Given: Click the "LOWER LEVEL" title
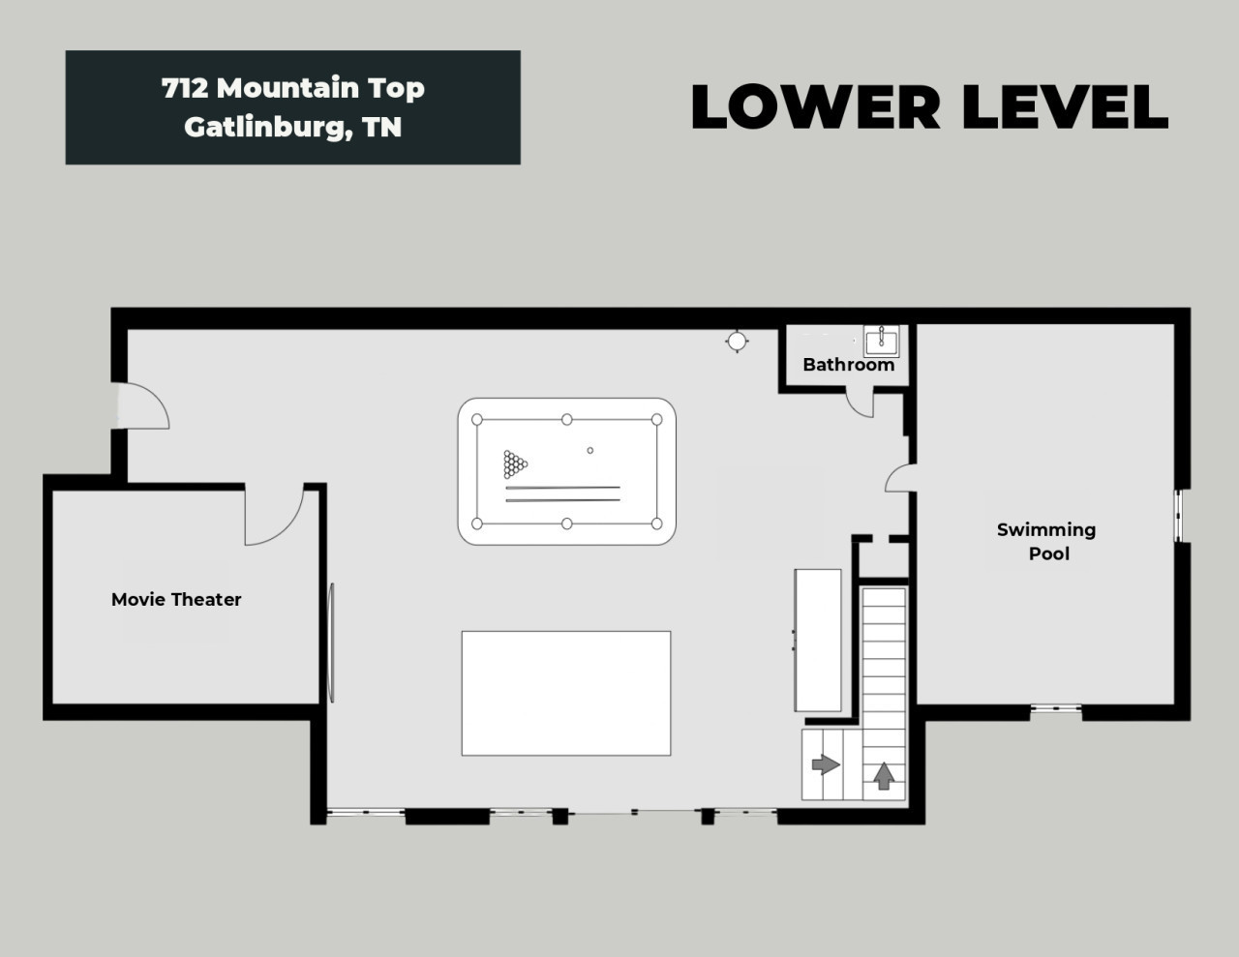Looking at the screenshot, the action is pyautogui.click(x=929, y=106).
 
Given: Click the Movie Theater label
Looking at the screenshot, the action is pyautogui.click(x=176, y=600).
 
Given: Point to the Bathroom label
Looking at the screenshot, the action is pyautogui.click(x=849, y=365).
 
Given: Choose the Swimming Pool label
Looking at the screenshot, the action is pyautogui.click(x=1046, y=542).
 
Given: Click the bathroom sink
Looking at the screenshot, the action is pyautogui.click(x=882, y=341).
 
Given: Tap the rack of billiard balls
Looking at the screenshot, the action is pyautogui.click(x=515, y=464).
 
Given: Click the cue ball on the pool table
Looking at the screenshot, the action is pyautogui.click(x=590, y=450).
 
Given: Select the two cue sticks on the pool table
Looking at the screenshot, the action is pyautogui.click(x=562, y=494).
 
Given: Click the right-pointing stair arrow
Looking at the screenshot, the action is pyautogui.click(x=826, y=764).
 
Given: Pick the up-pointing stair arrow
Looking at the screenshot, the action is pyautogui.click(x=884, y=776).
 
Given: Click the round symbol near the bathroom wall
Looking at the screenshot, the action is pyautogui.click(x=737, y=342).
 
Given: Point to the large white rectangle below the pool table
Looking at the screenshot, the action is pyautogui.click(x=566, y=693).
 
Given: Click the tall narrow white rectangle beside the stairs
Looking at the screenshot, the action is pyautogui.click(x=818, y=640).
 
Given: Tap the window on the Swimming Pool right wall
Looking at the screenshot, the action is pyautogui.click(x=1178, y=516).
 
